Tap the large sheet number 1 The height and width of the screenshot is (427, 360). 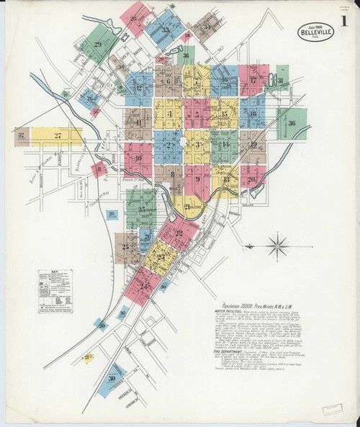[x=345, y=22]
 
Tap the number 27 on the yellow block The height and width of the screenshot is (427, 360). [x=58, y=135]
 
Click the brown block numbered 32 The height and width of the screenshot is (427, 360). [x=22, y=135]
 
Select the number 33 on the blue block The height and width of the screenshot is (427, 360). [x=166, y=30]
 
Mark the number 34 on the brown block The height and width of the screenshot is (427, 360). [x=206, y=27]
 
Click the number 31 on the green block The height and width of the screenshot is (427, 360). [x=281, y=81]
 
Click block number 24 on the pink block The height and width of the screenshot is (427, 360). [x=143, y=286]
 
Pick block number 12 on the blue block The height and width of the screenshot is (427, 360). [x=138, y=88]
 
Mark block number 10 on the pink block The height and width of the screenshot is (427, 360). [x=138, y=158]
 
